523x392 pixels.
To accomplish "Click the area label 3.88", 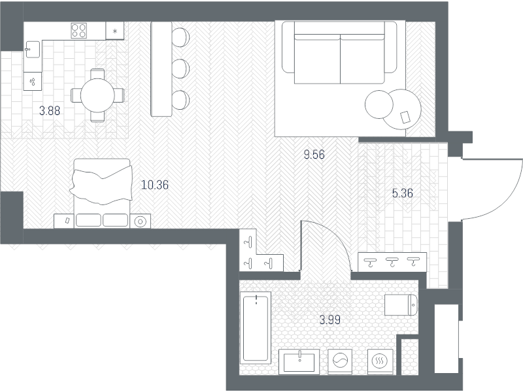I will coord(50,110).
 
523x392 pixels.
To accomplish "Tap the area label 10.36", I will coord(155,185).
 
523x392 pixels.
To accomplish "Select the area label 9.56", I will coord(314,155).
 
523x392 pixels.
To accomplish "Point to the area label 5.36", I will coord(402,193).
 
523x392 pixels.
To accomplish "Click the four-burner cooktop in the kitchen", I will coord(78,30).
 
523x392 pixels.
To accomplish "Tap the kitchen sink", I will coord(32,49).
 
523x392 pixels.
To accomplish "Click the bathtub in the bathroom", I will coord(256,328).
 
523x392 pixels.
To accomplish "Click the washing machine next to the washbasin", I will coord(340,361).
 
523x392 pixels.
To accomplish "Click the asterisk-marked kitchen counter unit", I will coord(115,31).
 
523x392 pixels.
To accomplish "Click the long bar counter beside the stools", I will coord(161,69).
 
